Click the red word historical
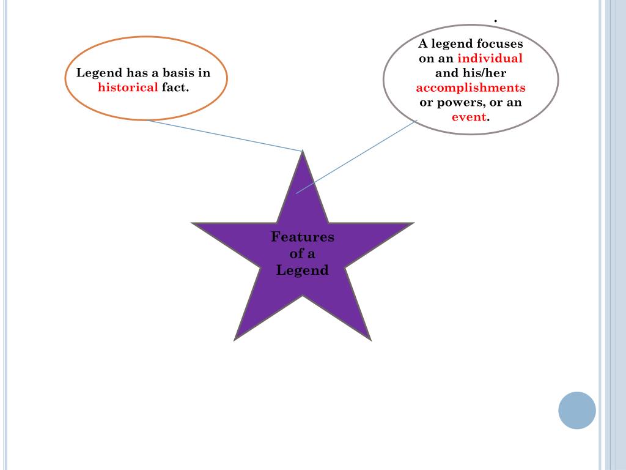tap(128, 88)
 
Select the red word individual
tap(490, 59)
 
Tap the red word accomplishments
tap(471, 88)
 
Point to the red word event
tap(469, 117)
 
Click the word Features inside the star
tap(303, 237)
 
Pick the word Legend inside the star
tap(303, 270)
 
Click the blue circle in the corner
tap(577, 410)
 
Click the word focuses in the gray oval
tap(499, 44)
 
